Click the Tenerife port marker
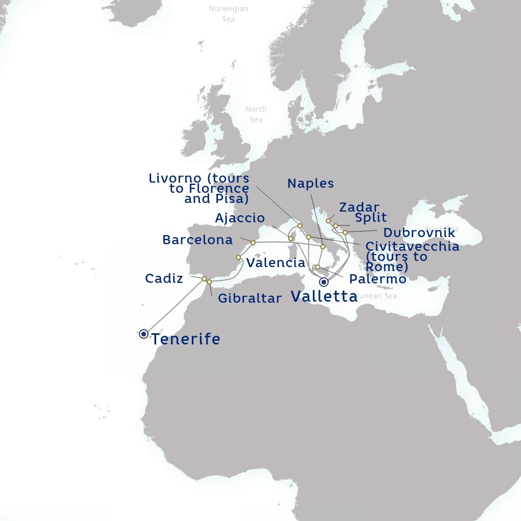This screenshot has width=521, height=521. (x=143, y=334)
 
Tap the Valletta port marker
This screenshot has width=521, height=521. (x=324, y=282)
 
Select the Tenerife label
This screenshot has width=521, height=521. (x=186, y=339)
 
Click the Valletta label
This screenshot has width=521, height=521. (x=324, y=297)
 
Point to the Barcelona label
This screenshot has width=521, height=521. (x=197, y=240)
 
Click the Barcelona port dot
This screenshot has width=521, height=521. (x=253, y=243)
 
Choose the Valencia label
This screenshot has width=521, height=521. (x=276, y=263)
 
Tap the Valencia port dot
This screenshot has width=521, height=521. (x=238, y=257)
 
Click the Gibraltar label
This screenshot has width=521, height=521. (x=249, y=298)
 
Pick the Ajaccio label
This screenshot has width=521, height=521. (x=240, y=218)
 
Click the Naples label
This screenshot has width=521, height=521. (x=310, y=184)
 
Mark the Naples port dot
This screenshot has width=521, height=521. (x=323, y=247)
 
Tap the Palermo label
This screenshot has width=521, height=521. (x=378, y=279)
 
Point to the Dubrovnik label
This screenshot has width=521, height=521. (x=419, y=233)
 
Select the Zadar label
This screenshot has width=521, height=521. (x=359, y=208)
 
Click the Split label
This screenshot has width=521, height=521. (x=371, y=218)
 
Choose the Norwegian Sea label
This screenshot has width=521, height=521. (x=229, y=14)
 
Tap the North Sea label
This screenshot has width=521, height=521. (x=256, y=114)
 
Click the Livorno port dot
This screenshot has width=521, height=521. (x=300, y=225)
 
